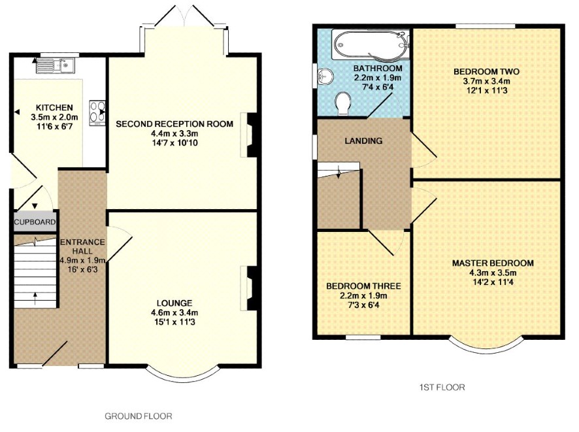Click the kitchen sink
tap(56, 65)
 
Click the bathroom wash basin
tap(325, 77)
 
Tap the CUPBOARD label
tap(35, 222)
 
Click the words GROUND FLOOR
tap(139, 416)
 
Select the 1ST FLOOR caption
tap(442, 388)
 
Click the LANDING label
tap(363, 141)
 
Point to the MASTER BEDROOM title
tap(493, 263)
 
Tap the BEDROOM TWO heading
tap(486, 71)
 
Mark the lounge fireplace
tap(249, 288)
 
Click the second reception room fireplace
tap(249, 135)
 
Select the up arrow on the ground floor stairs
tap(35, 298)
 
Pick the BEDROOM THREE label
tap(363, 286)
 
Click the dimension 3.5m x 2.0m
tap(54, 118)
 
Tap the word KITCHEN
tap(54, 108)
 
